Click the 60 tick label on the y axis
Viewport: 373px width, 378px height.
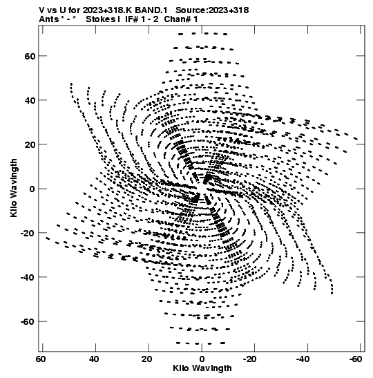30,56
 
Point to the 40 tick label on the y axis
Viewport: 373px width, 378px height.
30,100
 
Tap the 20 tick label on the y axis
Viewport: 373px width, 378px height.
30,144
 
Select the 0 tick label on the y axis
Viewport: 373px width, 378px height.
32,189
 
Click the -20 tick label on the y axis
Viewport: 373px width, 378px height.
28,233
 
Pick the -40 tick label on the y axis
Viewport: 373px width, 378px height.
28,278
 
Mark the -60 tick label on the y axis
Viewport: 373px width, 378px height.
28,322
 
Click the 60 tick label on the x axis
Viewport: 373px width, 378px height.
41,359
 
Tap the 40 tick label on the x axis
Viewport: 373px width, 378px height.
94,359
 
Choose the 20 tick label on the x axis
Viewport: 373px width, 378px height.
146,359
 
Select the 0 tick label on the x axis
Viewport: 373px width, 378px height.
202,359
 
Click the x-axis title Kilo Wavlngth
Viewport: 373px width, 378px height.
202,368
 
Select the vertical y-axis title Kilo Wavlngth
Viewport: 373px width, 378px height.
14,188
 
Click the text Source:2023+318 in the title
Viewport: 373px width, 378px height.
212,10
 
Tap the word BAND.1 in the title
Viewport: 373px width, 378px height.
151,10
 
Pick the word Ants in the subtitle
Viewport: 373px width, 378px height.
48,19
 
